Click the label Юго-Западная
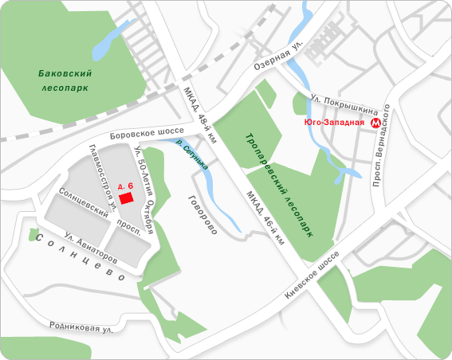[334, 123]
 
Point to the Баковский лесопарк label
[65, 80]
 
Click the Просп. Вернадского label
[381, 146]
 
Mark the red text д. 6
[124, 184]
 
